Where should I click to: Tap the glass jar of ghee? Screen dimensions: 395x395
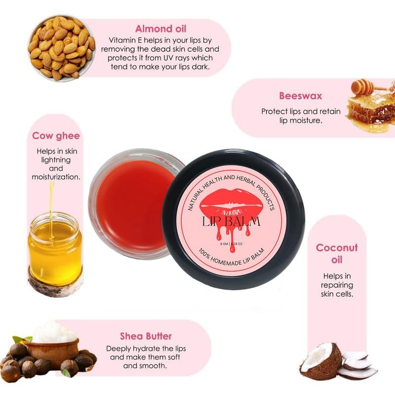pos(55,247)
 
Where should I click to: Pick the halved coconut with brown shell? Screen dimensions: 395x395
pos(320,361)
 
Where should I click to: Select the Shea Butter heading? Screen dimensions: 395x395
pos(146,336)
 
